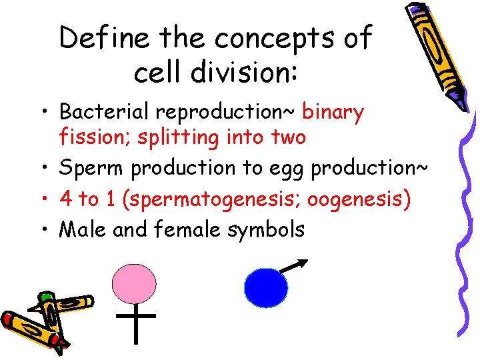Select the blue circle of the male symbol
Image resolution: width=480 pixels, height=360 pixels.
pyautogui.click(x=266, y=287)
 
